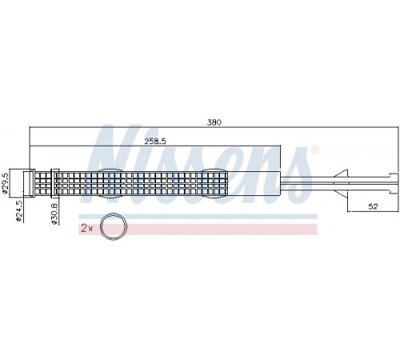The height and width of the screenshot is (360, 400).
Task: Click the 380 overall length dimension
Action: (x=214, y=122)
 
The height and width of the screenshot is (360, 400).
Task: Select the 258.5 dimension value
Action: (x=155, y=141)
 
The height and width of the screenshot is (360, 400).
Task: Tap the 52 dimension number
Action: (x=373, y=206)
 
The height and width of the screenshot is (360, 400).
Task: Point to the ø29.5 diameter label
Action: (x=5, y=184)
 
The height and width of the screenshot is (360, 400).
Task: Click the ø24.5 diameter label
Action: (x=19, y=211)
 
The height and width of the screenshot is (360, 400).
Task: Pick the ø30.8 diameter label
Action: (x=54, y=214)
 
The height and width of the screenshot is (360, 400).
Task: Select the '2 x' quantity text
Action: (x=86, y=228)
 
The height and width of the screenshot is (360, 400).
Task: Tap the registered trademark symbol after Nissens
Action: (x=314, y=150)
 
